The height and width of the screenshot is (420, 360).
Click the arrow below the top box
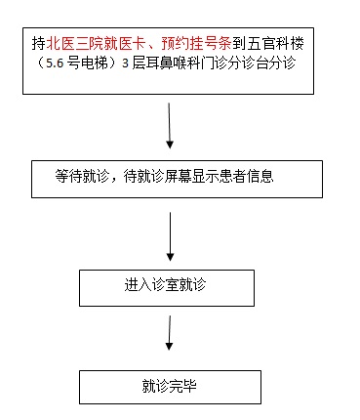click(x=172, y=124)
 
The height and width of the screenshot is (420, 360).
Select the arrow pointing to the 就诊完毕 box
click(x=171, y=334)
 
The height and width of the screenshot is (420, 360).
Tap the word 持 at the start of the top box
click(x=39, y=44)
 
